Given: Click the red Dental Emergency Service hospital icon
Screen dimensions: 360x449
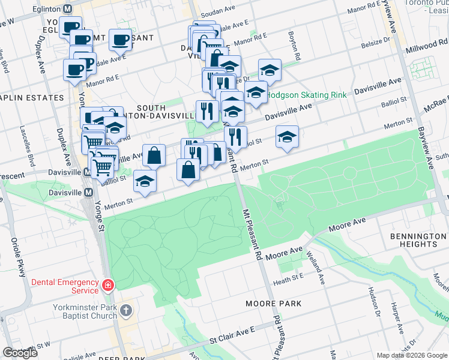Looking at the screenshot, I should click(x=107, y=286).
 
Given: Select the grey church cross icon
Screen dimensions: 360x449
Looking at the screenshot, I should click(x=125, y=310).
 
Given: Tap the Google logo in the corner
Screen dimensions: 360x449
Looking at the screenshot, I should click(x=20, y=353).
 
